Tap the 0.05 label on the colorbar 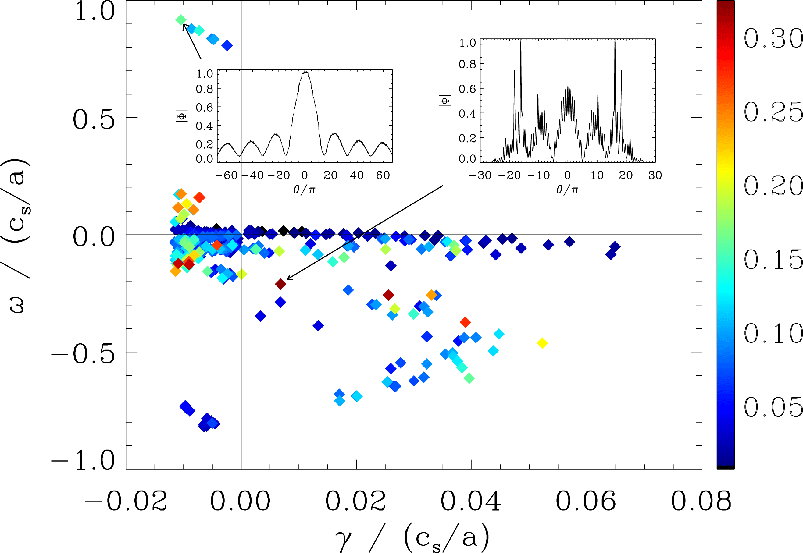(x=773, y=406)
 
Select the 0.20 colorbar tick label (x=773, y=186)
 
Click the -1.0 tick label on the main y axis (x=83, y=460)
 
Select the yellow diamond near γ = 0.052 (x=542, y=343)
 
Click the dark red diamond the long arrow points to (x=280, y=284)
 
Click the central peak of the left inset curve (x=305, y=72)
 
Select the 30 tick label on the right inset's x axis (x=655, y=175)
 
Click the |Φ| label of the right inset (x=445, y=101)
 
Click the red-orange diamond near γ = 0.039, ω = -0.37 (x=465, y=322)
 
